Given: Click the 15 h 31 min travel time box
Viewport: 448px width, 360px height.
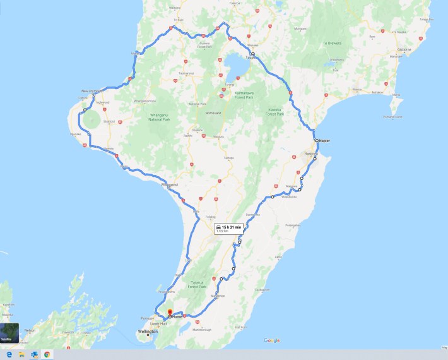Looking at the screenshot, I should click(228, 228).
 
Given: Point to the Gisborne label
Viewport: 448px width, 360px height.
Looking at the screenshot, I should click(403, 48).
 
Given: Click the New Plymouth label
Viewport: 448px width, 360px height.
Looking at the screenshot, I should click(92, 92).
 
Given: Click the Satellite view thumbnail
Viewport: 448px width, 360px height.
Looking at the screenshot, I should click(9, 332).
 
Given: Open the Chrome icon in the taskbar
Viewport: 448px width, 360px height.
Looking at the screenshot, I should click(47, 354).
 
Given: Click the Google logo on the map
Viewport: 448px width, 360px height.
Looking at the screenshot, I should click(272, 340).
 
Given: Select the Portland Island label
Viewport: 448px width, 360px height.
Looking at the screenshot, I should click(396, 116).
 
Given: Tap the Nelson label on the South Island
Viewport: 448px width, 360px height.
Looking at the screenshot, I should click(30, 330).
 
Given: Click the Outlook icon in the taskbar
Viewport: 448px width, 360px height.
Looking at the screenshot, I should click(34, 354).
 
